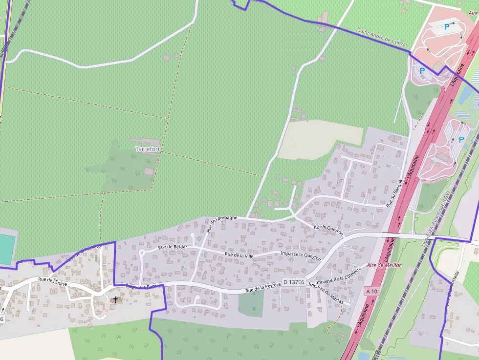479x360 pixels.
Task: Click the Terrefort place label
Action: (148, 148)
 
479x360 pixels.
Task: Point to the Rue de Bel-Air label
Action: (173, 248)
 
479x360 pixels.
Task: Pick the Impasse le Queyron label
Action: (301, 255)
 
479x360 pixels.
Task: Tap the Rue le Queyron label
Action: (328, 229)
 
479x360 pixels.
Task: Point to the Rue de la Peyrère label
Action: (263, 289)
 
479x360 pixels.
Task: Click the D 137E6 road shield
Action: (294, 282)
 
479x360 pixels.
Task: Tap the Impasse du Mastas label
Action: (326, 294)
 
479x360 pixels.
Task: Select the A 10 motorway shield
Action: (371, 292)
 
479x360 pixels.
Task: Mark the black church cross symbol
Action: (115, 299)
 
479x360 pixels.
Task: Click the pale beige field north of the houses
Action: (318, 139)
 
